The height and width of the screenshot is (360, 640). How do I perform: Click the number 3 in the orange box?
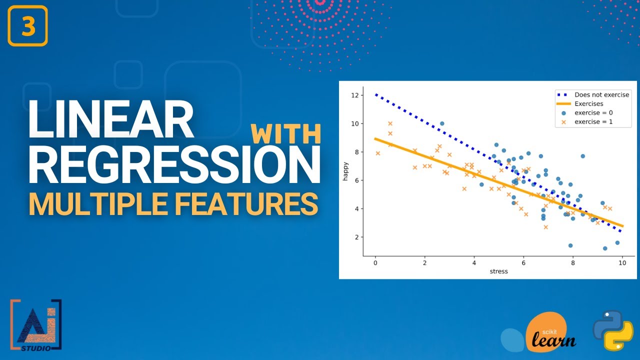[x=28, y=26]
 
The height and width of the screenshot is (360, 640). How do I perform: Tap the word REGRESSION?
[x=173, y=163]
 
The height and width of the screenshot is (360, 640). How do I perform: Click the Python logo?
[x=613, y=329]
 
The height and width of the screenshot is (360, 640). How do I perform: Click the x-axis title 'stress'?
[x=498, y=271]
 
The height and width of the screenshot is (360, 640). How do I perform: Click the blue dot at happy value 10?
[x=442, y=123]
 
